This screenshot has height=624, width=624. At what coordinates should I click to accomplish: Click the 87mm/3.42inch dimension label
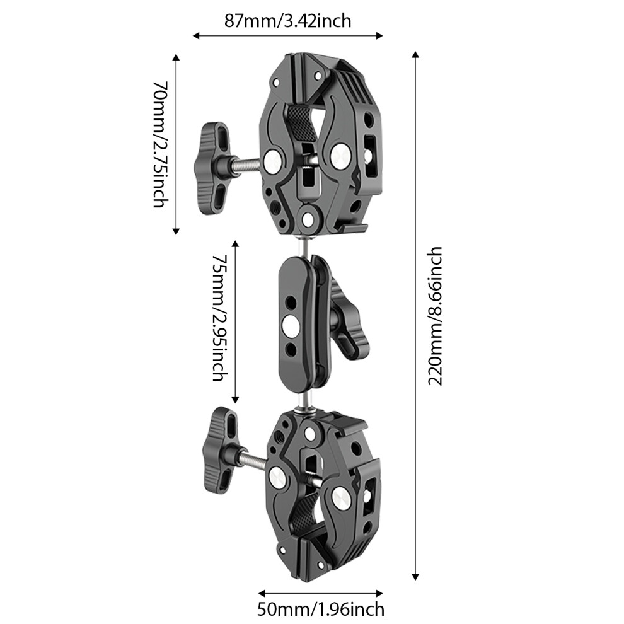287,21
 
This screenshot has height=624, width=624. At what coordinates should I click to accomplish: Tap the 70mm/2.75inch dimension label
161,144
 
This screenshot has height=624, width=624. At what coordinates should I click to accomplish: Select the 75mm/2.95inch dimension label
220,318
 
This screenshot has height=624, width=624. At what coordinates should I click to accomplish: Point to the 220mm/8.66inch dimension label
435,316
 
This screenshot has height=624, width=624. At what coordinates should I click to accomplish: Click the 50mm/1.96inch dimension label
321,609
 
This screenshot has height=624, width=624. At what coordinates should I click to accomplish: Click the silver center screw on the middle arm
291,326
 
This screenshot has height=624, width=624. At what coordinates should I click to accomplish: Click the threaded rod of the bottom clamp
252,461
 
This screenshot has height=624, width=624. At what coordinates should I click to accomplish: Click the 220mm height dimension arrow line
415,316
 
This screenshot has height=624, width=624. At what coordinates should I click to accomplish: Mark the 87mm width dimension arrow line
287,36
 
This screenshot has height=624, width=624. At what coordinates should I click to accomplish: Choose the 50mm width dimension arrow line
321,593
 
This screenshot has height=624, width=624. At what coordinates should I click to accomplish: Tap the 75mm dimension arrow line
235,322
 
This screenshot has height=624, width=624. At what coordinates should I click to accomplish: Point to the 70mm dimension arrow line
176,144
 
